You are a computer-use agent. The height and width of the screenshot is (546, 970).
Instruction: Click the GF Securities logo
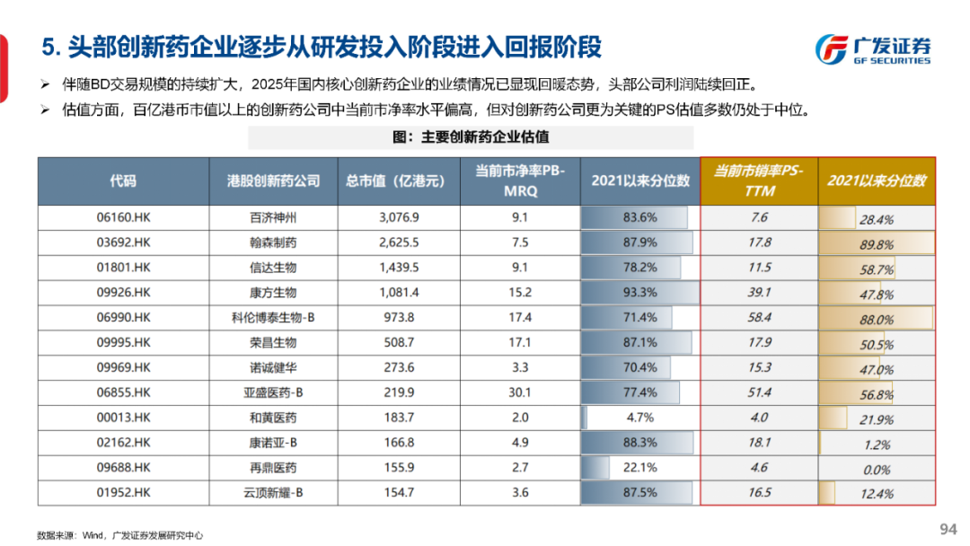[x=871, y=48]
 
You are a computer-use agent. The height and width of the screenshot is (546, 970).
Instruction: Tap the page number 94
[x=948, y=528]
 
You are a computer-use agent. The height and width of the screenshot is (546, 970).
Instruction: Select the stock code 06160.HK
[x=124, y=217]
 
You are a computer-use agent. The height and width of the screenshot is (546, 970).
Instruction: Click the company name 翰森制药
[x=273, y=242]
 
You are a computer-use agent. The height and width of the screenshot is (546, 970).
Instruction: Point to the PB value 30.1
[x=520, y=392]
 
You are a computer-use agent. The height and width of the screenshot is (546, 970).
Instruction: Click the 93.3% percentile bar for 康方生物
[x=639, y=293]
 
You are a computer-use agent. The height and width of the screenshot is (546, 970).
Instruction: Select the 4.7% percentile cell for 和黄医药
[x=639, y=418]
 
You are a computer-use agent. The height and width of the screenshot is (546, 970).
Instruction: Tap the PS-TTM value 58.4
[x=759, y=317]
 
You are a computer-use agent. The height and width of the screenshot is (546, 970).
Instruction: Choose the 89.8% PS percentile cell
[x=876, y=242]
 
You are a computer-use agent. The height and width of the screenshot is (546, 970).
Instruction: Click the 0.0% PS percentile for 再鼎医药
[x=876, y=468]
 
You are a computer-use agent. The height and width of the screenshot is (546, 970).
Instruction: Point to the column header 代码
[x=124, y=181]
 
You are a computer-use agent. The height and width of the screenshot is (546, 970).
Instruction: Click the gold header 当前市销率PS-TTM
[x=759, y=181]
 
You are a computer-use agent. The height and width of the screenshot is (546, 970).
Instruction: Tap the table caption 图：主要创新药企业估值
[x=471, y=137]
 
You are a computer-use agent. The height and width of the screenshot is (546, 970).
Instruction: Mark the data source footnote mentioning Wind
[x=120, y=535]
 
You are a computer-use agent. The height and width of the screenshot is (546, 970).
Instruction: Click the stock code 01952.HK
[x=124, y=493]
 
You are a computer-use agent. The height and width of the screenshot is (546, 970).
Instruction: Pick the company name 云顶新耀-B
[x=273, y=493]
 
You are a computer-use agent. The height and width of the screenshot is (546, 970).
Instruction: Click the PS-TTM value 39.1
[x=759, y=293]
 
